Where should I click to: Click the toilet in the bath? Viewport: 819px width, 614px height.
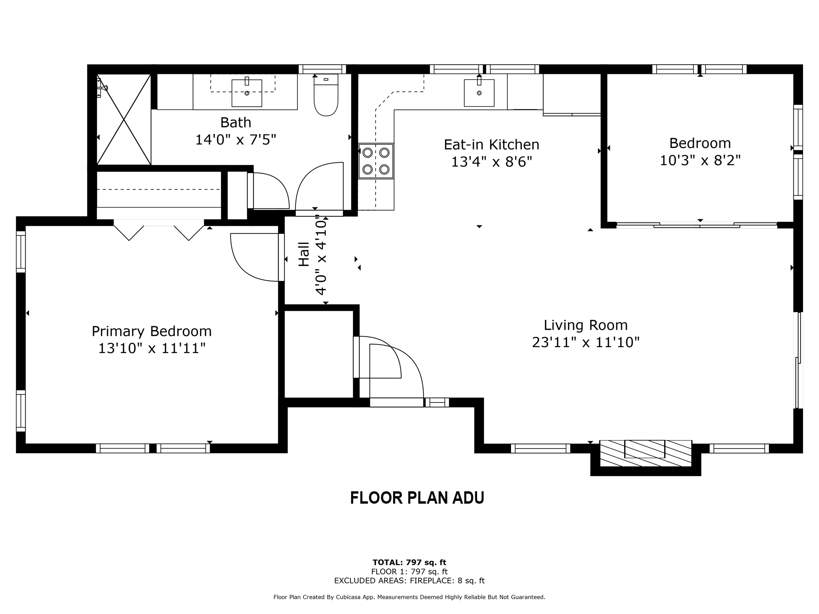[x=326, y=98]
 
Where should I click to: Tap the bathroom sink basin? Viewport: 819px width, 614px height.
[x=247, y=93]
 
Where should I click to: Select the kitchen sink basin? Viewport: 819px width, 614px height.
[x=479, y=93]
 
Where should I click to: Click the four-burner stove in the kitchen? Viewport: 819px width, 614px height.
[x=376, y=161]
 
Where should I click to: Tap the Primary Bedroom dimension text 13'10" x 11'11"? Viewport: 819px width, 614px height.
[x=152, y=349]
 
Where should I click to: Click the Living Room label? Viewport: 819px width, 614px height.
[x=585, y=325]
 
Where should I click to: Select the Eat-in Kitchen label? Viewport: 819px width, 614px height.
[x=491, y=145]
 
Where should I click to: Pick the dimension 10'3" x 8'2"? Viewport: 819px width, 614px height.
[x=700, y=161]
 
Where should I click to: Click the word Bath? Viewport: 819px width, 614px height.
[x=236, y=122]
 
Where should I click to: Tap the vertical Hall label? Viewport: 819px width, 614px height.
[x=304, y=254]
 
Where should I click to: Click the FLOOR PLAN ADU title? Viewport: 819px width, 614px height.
[x=417, y=498]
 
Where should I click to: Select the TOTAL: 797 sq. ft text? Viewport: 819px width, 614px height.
[x=409, y=562]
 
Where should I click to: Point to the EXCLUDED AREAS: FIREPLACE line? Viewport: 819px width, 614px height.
[x=409, y=581]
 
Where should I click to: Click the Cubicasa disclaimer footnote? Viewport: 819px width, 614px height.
[x=409, y=597]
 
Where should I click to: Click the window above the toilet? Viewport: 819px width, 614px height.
[x=322, y=69]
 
